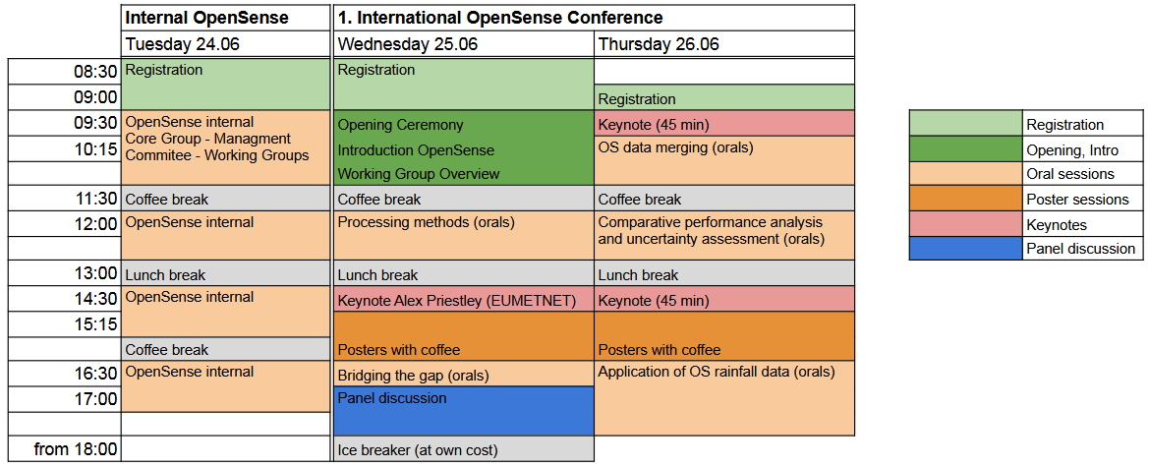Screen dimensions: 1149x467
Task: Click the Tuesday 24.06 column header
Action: click(183, 44)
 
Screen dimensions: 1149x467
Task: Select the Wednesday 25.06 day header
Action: click(408, 44)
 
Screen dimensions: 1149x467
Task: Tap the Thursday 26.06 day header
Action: click(659, 44)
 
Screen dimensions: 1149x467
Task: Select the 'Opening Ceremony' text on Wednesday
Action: click(400, 125)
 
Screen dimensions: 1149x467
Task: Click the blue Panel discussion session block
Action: click(463, 411)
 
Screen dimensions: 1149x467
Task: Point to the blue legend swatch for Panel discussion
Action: click(966, 248)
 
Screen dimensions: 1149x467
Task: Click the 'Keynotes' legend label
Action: click(1057, 225)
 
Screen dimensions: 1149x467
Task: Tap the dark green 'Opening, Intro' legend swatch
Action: click(966, 149)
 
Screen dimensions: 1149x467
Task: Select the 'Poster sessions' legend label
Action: click(1078, 200)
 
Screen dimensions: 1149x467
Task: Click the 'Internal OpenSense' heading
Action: click(206, 18)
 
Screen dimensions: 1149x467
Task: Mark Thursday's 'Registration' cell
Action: click(724, 98)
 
